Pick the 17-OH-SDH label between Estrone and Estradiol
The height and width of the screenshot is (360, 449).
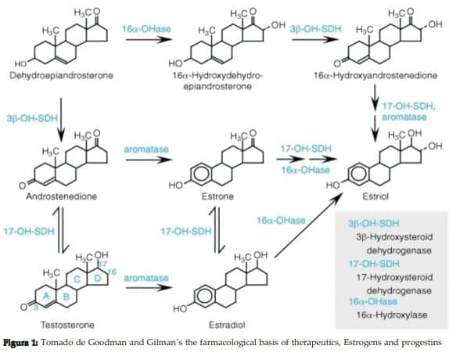(x=186, y=232)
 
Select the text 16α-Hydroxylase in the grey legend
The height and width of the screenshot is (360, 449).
(x=386, y=313)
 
